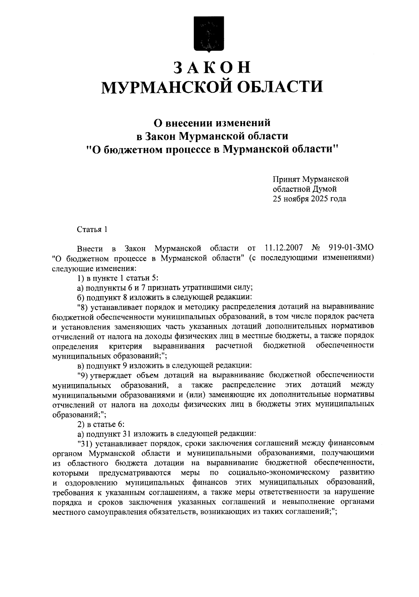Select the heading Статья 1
pos(91,230)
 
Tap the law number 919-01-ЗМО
pos(351,249)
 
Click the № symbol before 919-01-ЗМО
pos(315,249)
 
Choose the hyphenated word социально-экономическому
pos(279,473)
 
